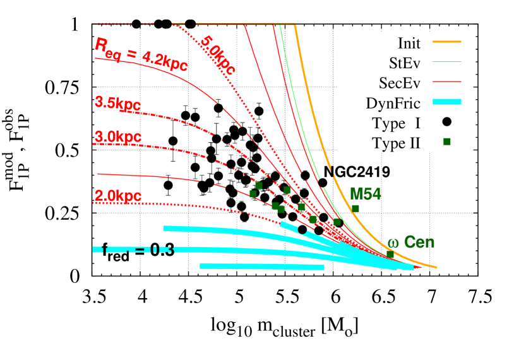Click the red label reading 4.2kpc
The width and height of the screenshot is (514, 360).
tap(165, 61)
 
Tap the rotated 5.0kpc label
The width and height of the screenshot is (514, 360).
tap(218, 56)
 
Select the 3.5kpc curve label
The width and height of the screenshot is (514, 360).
tap(117, 104)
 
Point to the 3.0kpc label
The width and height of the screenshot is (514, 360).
tap(117, 137)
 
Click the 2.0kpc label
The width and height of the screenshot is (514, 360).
tap(117, 196)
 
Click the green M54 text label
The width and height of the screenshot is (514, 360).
tap(366, 194)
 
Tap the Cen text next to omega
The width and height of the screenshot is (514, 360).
tap(419, 242)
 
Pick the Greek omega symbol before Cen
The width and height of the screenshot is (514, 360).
tap(393, 243)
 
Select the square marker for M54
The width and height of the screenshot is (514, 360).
tap(356, 208)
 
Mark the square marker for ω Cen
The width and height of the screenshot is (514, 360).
tap(390, 255)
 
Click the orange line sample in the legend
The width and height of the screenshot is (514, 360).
tap(446, 42)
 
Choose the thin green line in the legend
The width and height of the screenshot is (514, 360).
tap(446, 62)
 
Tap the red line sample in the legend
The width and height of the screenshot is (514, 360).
tap(446, 81)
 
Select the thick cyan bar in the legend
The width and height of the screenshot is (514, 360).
tap(446, 102)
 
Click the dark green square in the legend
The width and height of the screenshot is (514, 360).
tap(446, 141)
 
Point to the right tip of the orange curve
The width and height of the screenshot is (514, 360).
tap(436, 267)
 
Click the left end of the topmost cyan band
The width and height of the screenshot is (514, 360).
tap(164, 228)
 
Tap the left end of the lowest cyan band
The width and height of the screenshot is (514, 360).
tap(201, 266)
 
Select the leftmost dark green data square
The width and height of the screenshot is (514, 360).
tap(253, 194)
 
